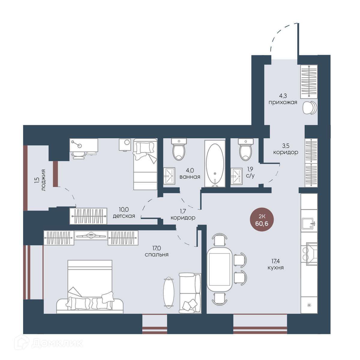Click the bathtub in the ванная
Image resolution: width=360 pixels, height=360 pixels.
(x=215, y=163)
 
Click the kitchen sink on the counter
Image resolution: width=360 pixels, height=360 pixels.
(x=309, y=223)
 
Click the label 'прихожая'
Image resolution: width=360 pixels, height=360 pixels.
(x=283, y=102)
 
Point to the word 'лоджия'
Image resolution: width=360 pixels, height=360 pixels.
(x=43, y=180)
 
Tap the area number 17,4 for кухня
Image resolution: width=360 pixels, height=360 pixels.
(x=276, y=261)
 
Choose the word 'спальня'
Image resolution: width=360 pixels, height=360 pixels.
(x=157, y=254)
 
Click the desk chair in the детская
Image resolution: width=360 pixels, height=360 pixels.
(x=79, y=155)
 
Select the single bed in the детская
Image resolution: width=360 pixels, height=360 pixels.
(x=145, y=164)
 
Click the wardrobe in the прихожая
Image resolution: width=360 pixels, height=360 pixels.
(x=309, y=82)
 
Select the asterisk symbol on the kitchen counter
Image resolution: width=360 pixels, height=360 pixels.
(x=309, y=304)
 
